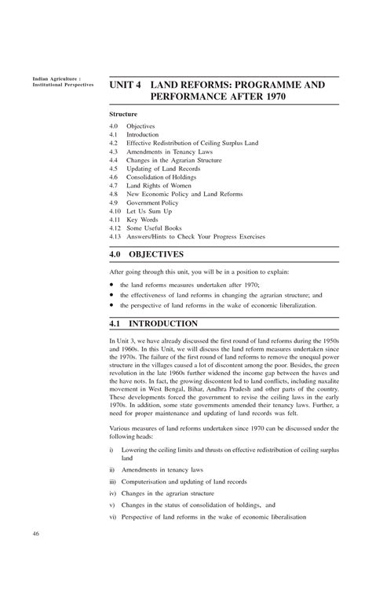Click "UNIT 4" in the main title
(126, 84)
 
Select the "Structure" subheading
(123, 115)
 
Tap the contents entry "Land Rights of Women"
(161, 185)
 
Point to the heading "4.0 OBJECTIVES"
(157, 254)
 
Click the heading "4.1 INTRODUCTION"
(163, 323)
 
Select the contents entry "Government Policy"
(159, 202)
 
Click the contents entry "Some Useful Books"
(159, 228)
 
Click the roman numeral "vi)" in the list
(113, 517)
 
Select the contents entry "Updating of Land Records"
(167, 168)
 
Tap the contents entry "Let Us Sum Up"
(154, 210)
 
